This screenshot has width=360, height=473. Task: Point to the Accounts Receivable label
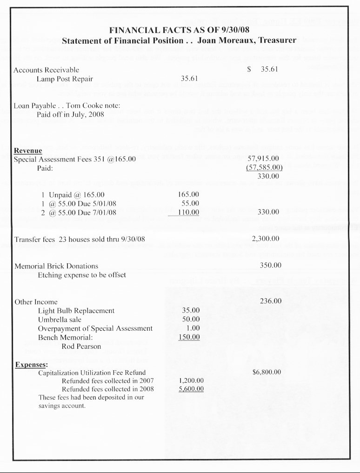pyautogui.click(x=47, y=70)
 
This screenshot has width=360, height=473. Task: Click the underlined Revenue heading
pyautogui.click(x=28, y=151)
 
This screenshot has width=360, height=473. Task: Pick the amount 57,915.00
pyautogui.click(x=264, y=159)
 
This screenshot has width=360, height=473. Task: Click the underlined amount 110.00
pyautogui.click(x=189, y=212)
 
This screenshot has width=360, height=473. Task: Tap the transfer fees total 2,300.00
pyautogui.click(x=265, y=239)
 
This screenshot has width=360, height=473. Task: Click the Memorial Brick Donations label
pyautogui.click(x=56, y=266)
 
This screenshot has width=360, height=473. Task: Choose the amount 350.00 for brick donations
pyautogui.click(x=271, y=266)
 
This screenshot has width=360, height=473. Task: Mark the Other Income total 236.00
pyautogui.click(x=271, y=301)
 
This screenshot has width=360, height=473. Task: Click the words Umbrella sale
pyautogui.click(x=60, y=320)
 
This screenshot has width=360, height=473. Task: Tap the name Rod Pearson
pyautogui.click(x=81, y=346)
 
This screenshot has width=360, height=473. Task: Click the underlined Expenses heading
pyautogui.click(x=31, y=364)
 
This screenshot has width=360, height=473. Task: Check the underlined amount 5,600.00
pyautogui.click(x=191, y=389)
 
